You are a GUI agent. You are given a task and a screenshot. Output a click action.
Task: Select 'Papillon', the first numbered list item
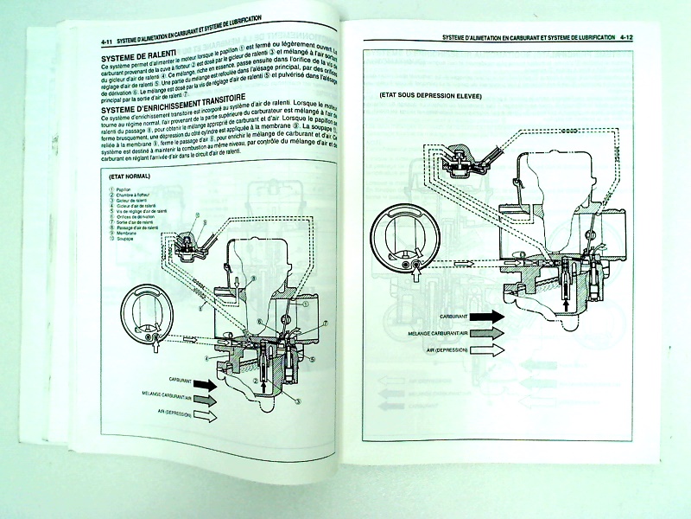click(122, 189)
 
